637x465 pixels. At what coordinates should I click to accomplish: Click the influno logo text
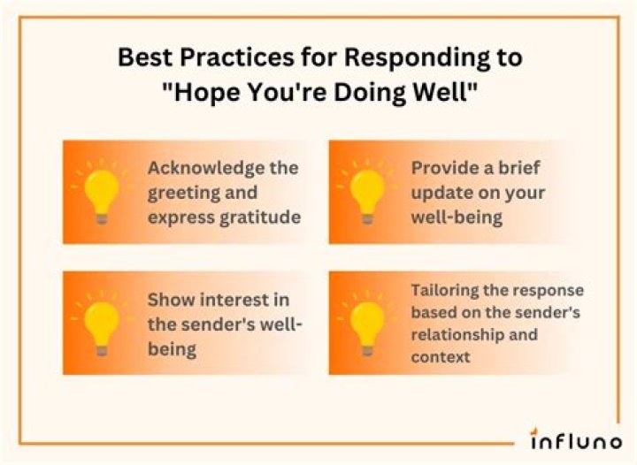[576, 437]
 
